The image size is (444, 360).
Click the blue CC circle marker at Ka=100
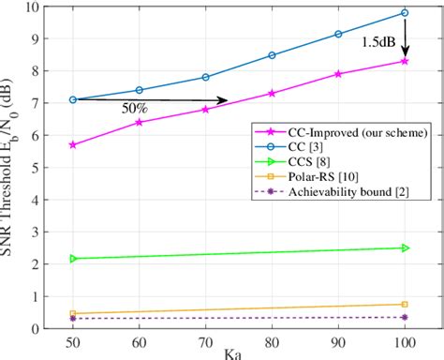tap(405, 13)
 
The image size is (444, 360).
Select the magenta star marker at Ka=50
tap(73, 144)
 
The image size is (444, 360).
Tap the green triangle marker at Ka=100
tap(405, 247)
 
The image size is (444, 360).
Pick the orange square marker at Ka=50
tap(73, 313)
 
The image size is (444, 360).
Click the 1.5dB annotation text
tap(379, 42)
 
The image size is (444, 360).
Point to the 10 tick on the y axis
tap(49, 7)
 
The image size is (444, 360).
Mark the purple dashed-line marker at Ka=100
tap(405, 318)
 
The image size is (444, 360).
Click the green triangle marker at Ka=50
tap(73, 258)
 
